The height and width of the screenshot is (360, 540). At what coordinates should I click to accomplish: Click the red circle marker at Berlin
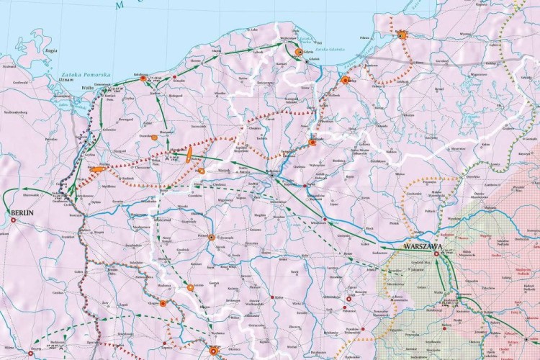11,220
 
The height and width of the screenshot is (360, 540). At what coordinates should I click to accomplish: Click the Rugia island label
51,51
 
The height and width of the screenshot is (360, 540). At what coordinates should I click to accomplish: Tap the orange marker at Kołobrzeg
143,78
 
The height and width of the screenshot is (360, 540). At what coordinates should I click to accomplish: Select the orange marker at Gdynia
298,52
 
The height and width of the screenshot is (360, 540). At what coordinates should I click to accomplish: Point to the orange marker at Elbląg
345,81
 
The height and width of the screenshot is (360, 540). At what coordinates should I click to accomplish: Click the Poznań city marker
211,237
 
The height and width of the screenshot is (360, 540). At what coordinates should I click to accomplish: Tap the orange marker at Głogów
163,304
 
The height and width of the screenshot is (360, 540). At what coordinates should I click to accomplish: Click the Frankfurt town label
69,236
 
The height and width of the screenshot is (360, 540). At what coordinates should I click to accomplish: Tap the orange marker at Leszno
191,287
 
